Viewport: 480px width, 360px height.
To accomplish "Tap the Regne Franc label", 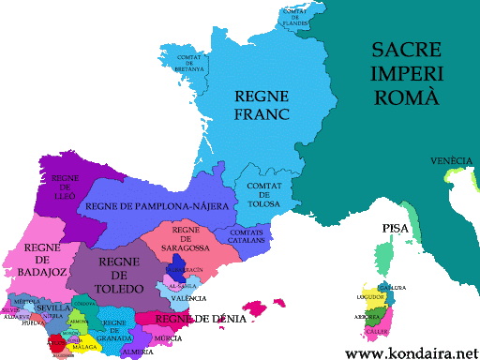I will (x=262, y=105).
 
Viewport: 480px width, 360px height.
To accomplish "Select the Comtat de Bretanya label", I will (x=190, y=61).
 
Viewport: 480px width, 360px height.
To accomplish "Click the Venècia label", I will (x=451, y=161).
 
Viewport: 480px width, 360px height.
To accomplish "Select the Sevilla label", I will (x=54, y=307).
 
